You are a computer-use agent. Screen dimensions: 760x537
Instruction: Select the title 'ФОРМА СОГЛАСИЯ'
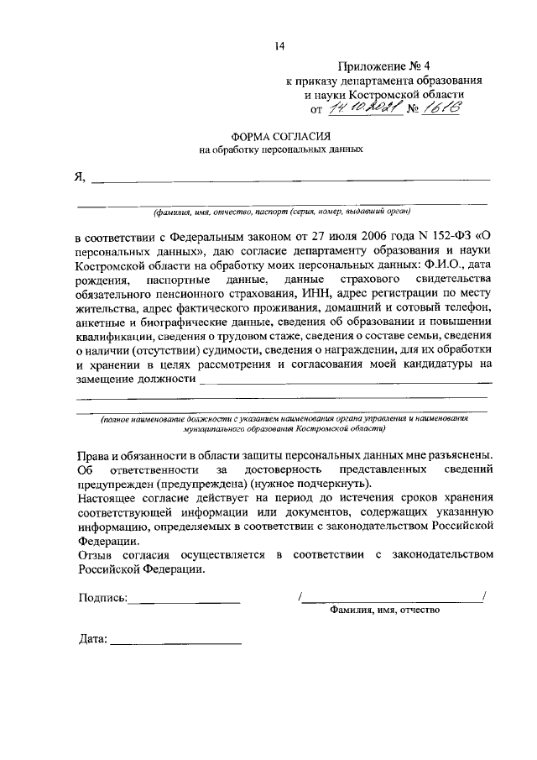click(x=280, y=136)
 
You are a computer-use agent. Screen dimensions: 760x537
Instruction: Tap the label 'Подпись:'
click(x=102, y=598)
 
